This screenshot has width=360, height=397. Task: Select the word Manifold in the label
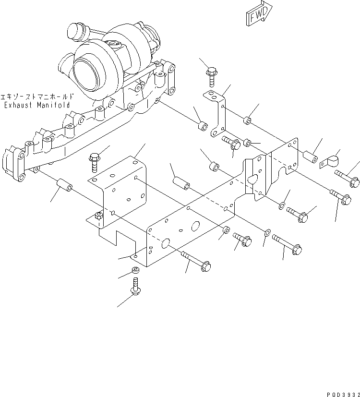[53, 105]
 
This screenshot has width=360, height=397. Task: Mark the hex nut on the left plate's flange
[98, 217]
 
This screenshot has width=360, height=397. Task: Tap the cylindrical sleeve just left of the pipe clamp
[310, 157]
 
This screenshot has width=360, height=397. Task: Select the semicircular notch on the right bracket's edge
[289, 169]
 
